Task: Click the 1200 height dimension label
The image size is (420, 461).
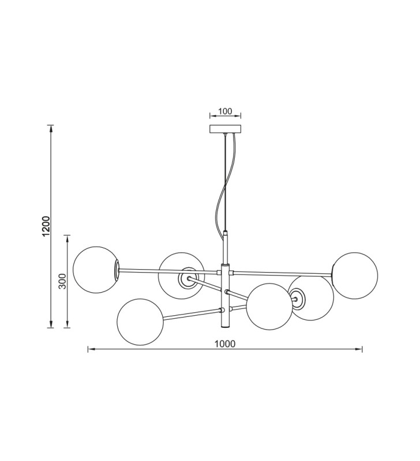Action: (46, 226)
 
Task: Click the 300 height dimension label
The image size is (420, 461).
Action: (63, 281)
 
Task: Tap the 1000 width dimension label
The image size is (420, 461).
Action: (225, 343)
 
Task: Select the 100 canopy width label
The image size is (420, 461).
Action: (225, 111)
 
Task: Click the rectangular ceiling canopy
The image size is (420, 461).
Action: (225, 129)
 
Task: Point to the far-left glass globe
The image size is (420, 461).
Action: (96, 270)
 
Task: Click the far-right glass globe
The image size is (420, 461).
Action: (355, 275)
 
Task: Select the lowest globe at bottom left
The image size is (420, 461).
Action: (140, 322)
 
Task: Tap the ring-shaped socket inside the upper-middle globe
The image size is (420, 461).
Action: (187, 278)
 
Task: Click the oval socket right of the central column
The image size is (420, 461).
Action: (297, 299)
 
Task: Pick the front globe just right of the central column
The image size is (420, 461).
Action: (269, 307)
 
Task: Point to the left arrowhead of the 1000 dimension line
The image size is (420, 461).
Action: (91, 349)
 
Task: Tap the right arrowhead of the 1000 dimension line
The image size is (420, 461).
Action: (359, 349)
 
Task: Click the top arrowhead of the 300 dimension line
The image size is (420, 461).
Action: (67, 239)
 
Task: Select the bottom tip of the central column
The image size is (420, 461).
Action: (224, 327)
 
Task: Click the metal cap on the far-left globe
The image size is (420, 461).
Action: (117, 270)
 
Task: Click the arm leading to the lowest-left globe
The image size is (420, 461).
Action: (192, 314)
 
